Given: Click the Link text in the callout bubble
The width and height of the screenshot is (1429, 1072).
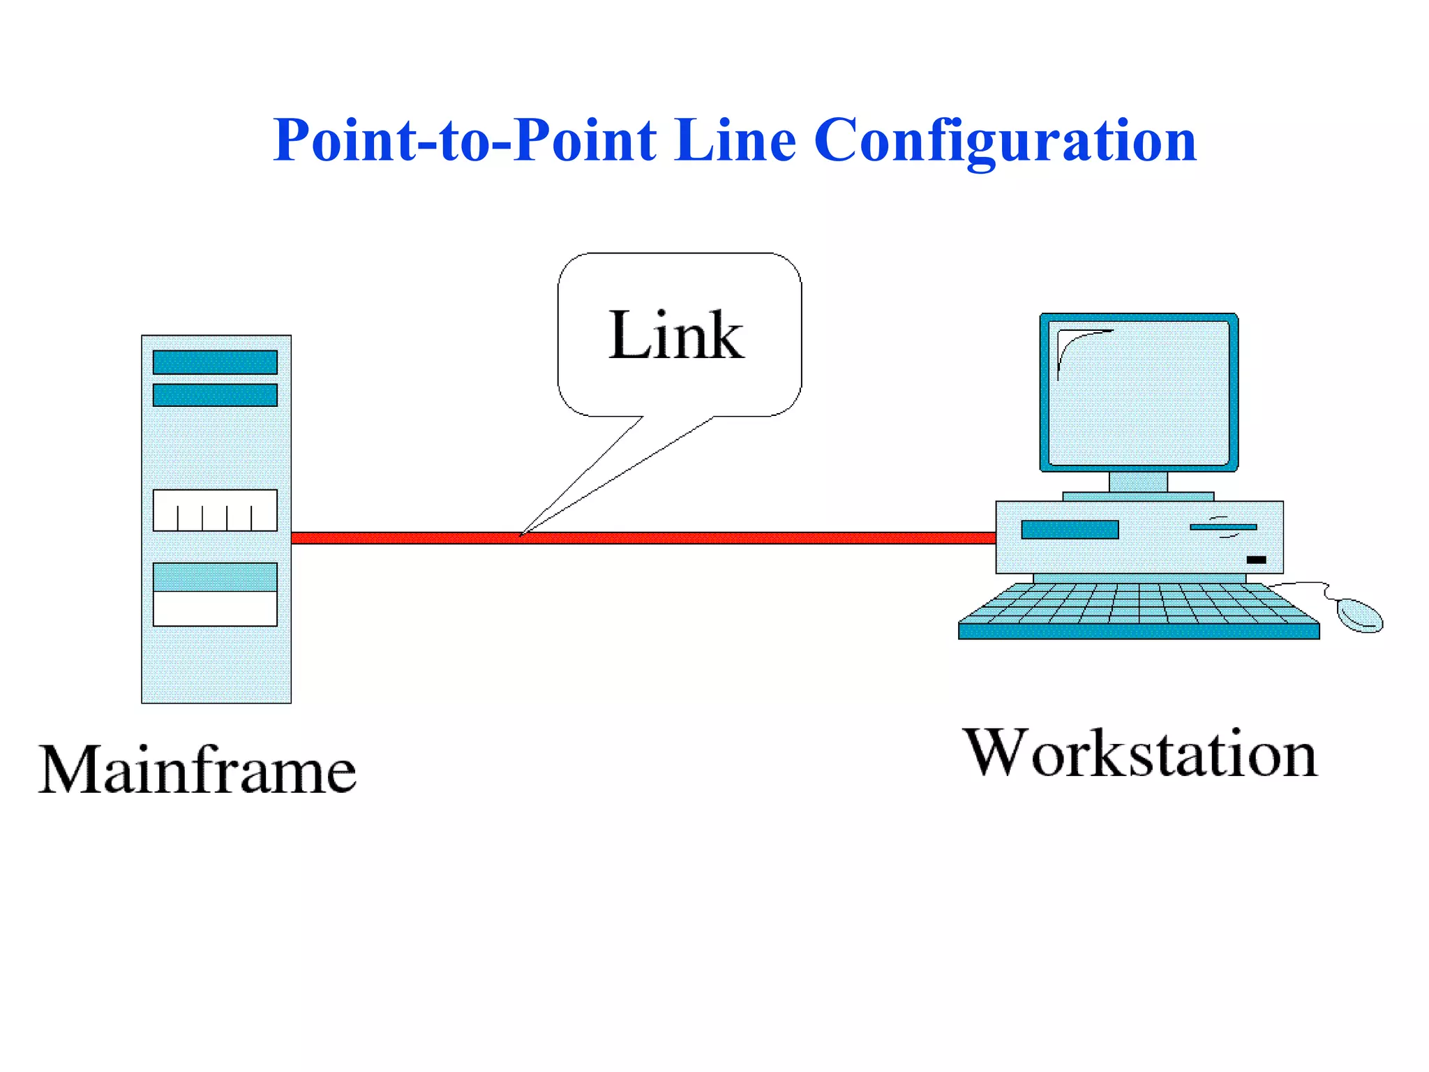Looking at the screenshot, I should [x=676, y=336].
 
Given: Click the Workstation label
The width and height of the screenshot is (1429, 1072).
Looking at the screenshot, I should [x=1140, y=753].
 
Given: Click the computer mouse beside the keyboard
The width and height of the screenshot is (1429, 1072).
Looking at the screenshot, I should [x=1359, y=615].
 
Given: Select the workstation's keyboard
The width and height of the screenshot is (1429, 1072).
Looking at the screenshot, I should [x=1139, y=611].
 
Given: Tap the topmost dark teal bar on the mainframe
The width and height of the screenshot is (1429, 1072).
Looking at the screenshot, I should [x=215, y=362].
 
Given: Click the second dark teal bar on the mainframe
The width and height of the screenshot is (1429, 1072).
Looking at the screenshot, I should [x=215, y=395].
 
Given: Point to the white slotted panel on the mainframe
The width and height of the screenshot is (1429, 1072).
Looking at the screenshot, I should [x=215, y=510].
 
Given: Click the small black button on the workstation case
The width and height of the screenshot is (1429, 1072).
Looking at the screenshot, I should [x=1256, y=560].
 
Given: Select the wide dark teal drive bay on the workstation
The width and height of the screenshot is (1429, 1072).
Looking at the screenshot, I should [x=1070, y=530].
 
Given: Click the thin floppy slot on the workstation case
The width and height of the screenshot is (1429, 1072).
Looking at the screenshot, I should [x=1222, y=527].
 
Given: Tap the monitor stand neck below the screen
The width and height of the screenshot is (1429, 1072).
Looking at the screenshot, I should [x=1138, y=482].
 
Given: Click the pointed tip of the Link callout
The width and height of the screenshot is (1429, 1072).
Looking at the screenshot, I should [x=521, y=535].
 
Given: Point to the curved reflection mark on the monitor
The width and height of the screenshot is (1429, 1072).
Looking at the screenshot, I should [x=1075, y=345].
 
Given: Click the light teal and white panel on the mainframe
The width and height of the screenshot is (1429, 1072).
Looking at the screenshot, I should [x=215, y=594].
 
